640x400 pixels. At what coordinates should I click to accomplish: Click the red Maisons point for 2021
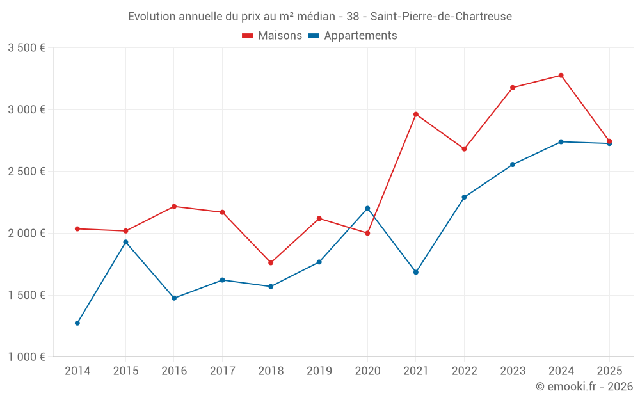click(416, 115)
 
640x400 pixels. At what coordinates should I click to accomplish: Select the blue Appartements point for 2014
click(77, 323)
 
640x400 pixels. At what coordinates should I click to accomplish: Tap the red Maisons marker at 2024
click(561, 76)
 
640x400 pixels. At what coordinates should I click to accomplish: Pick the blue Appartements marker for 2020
click(367, 208)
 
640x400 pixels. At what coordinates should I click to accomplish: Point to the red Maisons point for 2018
click(271, 263)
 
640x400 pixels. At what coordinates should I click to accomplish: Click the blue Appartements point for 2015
click(125, 242)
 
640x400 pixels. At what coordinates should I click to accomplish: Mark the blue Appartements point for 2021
click(416, 272)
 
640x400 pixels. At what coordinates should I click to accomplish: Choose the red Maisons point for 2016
click(174, 207)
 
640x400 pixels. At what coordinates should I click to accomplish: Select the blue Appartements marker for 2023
click(513, 164)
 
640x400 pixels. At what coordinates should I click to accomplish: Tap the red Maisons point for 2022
click(464, 148)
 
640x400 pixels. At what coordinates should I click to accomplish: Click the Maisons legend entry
click(272, 36)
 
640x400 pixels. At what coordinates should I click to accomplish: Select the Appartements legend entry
click(353, 36)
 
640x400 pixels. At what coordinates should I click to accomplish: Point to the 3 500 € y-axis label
click(26, 48)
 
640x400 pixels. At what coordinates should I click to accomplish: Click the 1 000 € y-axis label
click(26, 357)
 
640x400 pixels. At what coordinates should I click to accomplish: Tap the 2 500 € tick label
click(26, 172)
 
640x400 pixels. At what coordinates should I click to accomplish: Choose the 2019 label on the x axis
click(319, 371)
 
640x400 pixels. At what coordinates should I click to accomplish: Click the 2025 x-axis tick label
click(609, 371)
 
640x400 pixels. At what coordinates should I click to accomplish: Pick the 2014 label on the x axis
click(77, 371)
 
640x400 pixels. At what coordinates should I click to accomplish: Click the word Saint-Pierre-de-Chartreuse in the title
click(441, 17)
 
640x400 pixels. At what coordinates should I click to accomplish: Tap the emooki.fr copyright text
click(584, 387)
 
